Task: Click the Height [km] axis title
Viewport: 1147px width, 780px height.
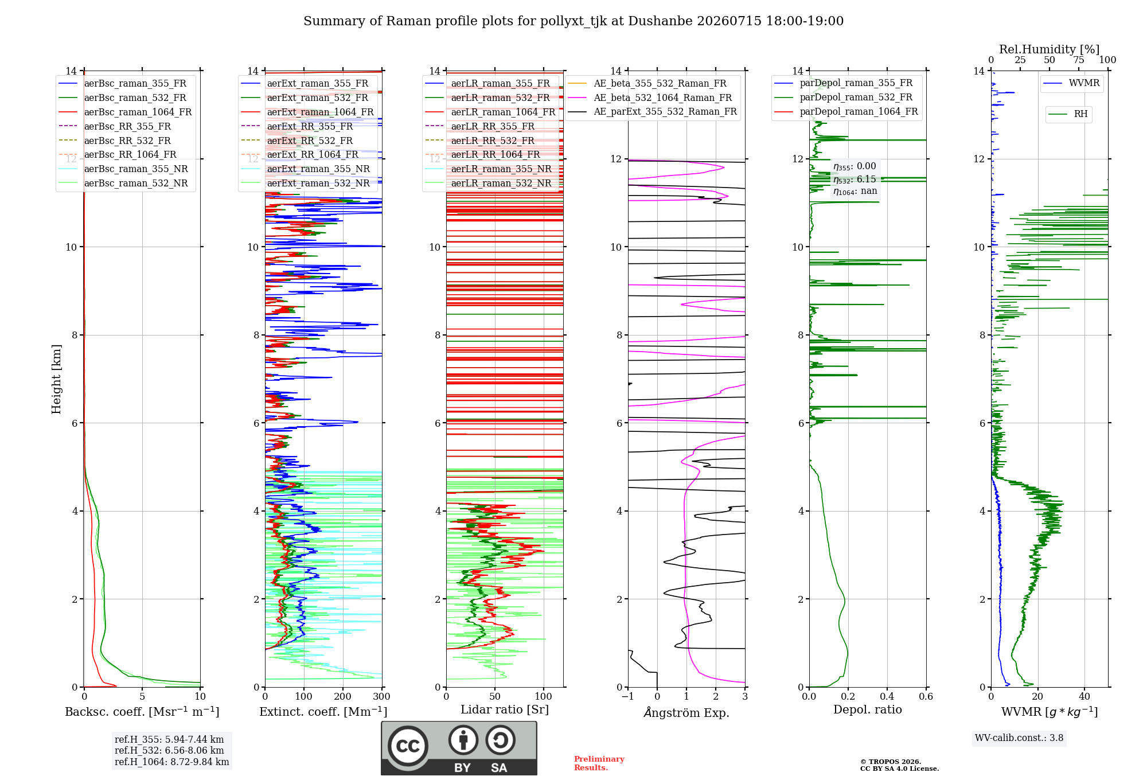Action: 56,379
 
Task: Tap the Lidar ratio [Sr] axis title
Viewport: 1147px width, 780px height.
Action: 505,709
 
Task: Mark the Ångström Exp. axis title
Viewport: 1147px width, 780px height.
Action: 686,712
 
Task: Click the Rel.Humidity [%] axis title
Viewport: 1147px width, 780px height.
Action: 1050,49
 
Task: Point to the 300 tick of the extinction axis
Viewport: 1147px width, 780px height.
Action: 381,697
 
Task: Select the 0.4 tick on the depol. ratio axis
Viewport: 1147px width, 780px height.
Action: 887,697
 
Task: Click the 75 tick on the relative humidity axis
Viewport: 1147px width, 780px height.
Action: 1079,60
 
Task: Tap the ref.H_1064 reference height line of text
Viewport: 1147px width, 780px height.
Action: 172,762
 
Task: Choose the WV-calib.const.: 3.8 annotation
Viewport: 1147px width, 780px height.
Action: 1019,738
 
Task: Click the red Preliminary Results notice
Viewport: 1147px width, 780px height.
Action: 599,763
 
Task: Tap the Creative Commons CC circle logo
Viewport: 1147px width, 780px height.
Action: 408,746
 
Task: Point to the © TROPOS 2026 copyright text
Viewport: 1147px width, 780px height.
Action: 891,762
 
